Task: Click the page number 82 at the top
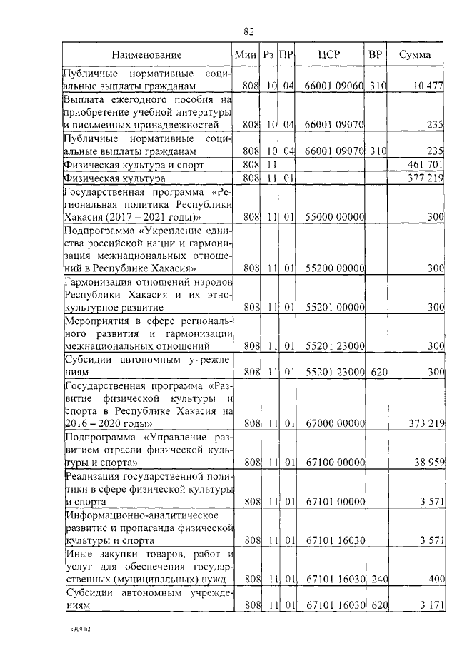(x=248, y=31)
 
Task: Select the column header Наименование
(x=146, y=54)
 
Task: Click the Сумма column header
(x=414, y=54)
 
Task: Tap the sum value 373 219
(x=425, y=423)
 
